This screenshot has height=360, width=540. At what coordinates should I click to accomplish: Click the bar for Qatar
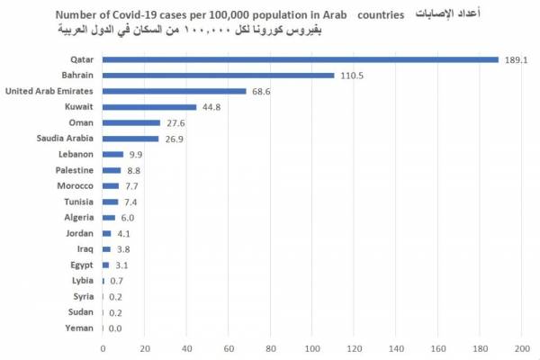pos(301,59)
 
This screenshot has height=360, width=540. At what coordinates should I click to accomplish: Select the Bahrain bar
pos(219,76)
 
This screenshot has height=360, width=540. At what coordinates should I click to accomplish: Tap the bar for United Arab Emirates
pos(175,91)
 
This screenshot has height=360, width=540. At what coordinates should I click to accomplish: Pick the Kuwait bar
pos(149,107)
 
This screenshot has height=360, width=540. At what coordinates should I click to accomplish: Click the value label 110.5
pos(352,76)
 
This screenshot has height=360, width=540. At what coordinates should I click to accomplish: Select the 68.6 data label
pos(261,92)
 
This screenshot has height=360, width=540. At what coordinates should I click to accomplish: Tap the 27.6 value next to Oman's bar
pos(175,123)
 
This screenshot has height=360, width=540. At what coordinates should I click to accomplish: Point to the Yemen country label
pos(77,328)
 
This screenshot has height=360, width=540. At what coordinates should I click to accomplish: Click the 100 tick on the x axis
pos(312,348)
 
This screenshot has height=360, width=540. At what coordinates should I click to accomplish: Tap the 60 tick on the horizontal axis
pos(229,348)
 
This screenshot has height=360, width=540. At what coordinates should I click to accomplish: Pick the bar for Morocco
pos(111,185)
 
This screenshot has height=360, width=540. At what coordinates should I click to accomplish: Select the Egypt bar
pos(106,265)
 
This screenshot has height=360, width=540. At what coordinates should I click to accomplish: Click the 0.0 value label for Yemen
pos(115,328)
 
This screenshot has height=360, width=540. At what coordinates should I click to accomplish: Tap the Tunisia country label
pos(76,202)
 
